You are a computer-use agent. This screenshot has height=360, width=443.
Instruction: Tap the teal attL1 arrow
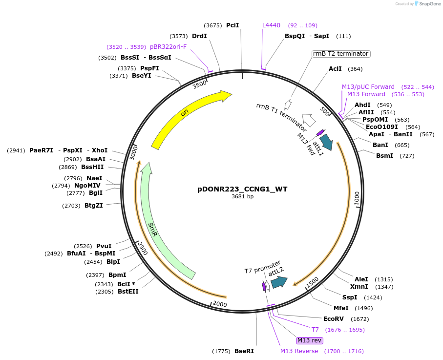(x=326, y=142)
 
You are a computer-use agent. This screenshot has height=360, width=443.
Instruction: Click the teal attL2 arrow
(x=279, y=282)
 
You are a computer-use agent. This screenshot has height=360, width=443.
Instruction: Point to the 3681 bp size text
(x=242, y=197)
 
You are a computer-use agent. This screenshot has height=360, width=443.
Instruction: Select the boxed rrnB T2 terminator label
(x=341, y=54)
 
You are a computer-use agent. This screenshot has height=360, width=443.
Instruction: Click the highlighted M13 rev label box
(x=310, y=340)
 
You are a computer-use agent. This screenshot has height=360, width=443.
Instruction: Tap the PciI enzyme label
(x=232, y=25)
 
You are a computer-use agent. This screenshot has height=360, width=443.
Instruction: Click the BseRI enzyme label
(x=244, y=351)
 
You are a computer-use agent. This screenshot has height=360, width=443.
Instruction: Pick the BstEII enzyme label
(x=128, y=292)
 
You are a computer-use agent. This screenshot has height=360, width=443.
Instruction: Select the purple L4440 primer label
(x=271, y=25)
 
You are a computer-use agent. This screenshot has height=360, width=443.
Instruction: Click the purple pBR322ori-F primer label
(x=168, y=47)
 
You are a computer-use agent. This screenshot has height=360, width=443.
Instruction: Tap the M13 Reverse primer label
(x=299, y=351)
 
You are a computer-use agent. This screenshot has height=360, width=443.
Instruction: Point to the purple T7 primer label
(x=315, y=330)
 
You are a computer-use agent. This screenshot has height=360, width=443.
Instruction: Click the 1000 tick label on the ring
(x=357, y=198)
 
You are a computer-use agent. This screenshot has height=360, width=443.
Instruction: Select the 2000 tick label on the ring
(x=220, y=304)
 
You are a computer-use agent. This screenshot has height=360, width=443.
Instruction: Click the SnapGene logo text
(x=428, y=4)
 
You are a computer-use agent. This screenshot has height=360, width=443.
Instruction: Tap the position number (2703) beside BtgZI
(x=71, y=206)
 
